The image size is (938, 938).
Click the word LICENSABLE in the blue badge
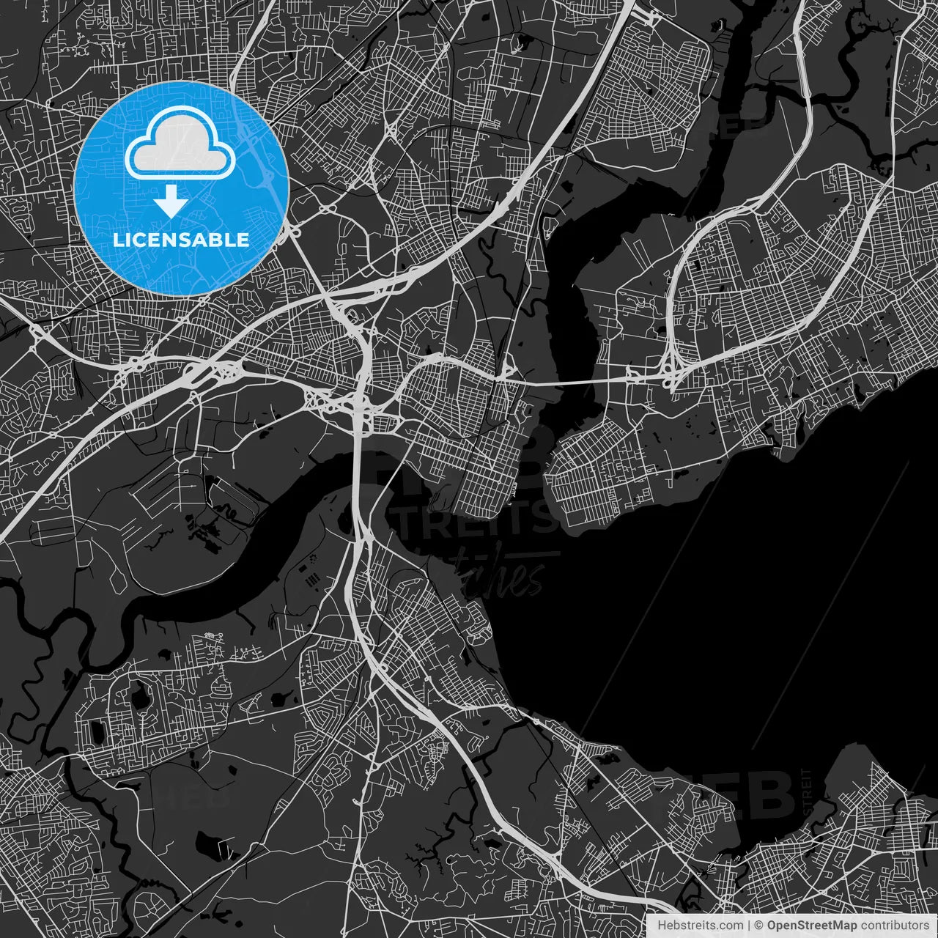pos(180,240)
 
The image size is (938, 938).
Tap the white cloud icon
pos(180,145)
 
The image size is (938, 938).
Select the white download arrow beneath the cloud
pos(171,201)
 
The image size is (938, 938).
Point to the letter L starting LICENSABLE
pos(117,240)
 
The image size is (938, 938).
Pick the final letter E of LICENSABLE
pos(243,240)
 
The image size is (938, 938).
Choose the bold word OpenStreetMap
pos(812,926)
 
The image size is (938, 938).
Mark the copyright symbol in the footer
pos(759,926)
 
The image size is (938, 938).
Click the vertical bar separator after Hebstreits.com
pos(748,926)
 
